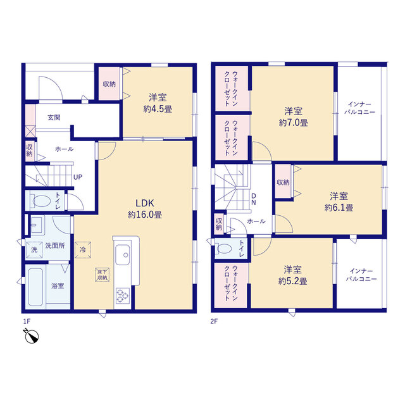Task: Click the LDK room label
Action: pyautogui.click(x=145, y=203)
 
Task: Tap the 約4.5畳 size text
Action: pyautogui.click(x=158, y=109)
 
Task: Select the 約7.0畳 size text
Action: pyautogui.click(x=293, y=123)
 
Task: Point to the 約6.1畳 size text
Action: pyautogui.click(x=339, y=208)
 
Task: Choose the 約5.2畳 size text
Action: pyautogui.click(x=292, y=281)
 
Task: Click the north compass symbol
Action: pyautogui.click(x=31, y=336)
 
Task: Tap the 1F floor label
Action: pyautogui.click(x=27, y=321)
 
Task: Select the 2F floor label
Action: pyautogui.click(x=214, y=321)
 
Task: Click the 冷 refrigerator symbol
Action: pyautogui.click(x=83, y=250)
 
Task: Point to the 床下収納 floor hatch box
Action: pyautogui.click(x=103, y=275)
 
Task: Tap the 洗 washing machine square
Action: pyautogui.click(x=34, y=250)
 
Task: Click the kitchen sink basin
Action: pyautogui.click(x=122, y=255)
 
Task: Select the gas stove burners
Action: pyautogui.click(x=123, y=296)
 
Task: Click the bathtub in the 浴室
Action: pyautogui.click(x=35, y=287)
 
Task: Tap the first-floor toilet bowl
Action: pyautogui.click(x=40, y=201)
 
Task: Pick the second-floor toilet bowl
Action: pyautogui.click(x=223, y=249)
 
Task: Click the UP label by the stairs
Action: pyautogui.click(x=78, y=177)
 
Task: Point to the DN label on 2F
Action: pyautogui.click(x=254, y=199)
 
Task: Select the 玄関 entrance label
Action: pyautogui.click(x=54, y=118)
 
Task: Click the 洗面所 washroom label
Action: pyautogui.click(x=55, y=246)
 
